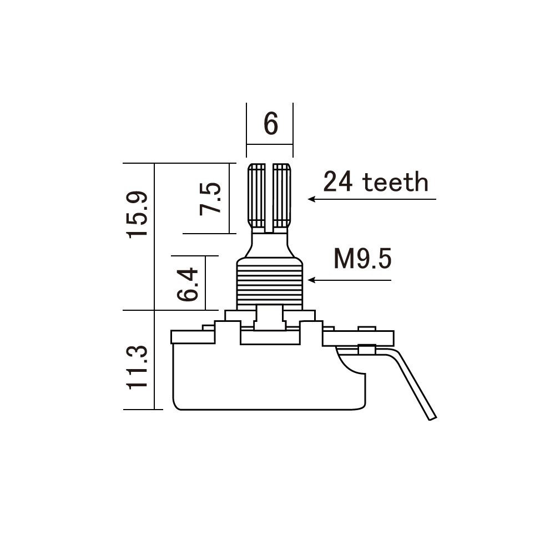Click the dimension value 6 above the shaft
tap(271, 124)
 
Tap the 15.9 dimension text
tap(137, 214)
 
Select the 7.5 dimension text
tap(210, 199)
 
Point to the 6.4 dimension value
tap(188, 284)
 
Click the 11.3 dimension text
tap(137, 367)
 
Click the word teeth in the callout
tap(395, 182)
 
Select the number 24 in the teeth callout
tap(338, 181)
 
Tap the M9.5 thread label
tap(363, 259)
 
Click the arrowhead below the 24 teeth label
tap(311, 199)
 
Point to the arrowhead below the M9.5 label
tap(311, 280)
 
